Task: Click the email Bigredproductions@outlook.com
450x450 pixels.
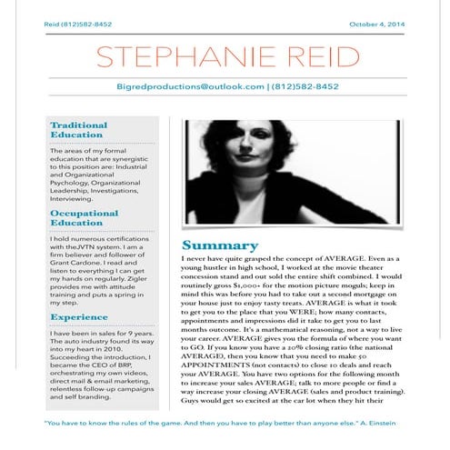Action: tap(191, 86)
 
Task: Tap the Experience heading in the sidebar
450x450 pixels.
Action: tap(79, 316)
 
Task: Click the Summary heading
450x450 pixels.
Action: tap(215, 245)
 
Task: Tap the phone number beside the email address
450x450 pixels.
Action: tap(309, 86)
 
